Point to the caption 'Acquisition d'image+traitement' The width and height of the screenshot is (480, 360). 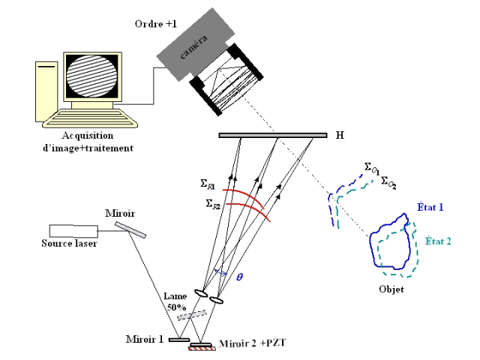click(88, 142)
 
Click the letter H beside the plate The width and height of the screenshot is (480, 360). click(340, 135)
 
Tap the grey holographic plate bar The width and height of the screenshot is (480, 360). click(273, 135)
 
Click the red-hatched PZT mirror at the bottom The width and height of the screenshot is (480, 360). click(200, 346)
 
